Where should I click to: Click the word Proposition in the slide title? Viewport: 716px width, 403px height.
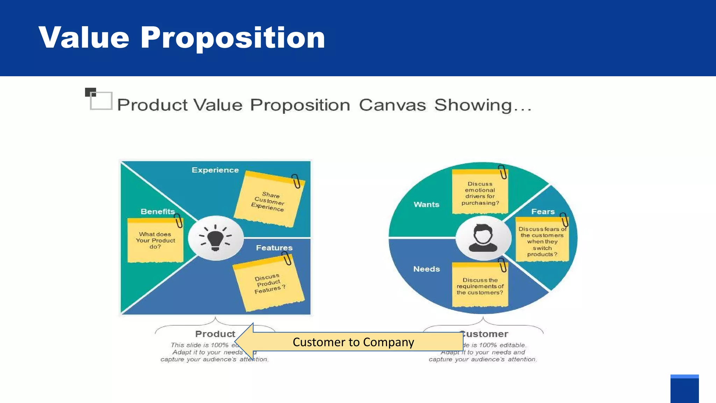tap(232, 38)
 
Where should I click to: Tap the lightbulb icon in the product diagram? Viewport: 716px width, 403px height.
tap(215, 238)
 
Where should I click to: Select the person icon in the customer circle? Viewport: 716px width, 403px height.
tap(483, 238)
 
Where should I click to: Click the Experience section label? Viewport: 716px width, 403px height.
tap(215, 170)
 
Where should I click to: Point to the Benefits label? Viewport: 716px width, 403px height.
tap(158, 212)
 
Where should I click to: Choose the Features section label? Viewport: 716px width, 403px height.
tap(274, 248)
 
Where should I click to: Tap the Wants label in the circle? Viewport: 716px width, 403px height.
tap(426, 204)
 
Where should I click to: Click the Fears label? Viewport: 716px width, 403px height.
tap(543, 212)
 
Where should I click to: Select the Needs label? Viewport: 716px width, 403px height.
tap(427, 269)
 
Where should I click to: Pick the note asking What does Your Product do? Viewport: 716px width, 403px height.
tap(155, 240)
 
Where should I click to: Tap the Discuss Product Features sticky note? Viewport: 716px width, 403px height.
tap(268, 283)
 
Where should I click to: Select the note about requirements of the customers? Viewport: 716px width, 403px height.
tap(480, 286)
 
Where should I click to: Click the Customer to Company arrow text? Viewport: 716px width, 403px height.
tap(353, 342)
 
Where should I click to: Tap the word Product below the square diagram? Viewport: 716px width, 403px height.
tap(215, 334)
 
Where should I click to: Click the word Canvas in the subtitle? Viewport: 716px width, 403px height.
tap(392, 105)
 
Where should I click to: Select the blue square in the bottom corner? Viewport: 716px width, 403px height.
tap(684, 389)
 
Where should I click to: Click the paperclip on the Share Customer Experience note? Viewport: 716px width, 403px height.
tap(296, 181)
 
